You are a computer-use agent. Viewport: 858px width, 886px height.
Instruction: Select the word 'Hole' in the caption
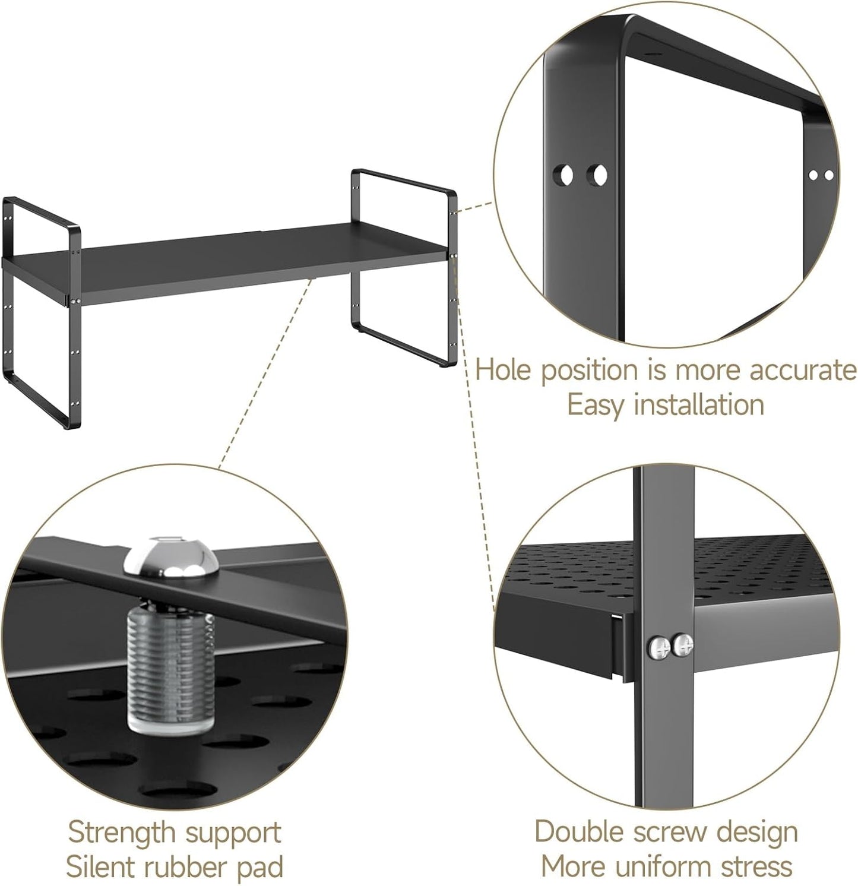tap(505, 370)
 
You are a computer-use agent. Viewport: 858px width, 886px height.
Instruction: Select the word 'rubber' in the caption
tap(188, 868)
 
